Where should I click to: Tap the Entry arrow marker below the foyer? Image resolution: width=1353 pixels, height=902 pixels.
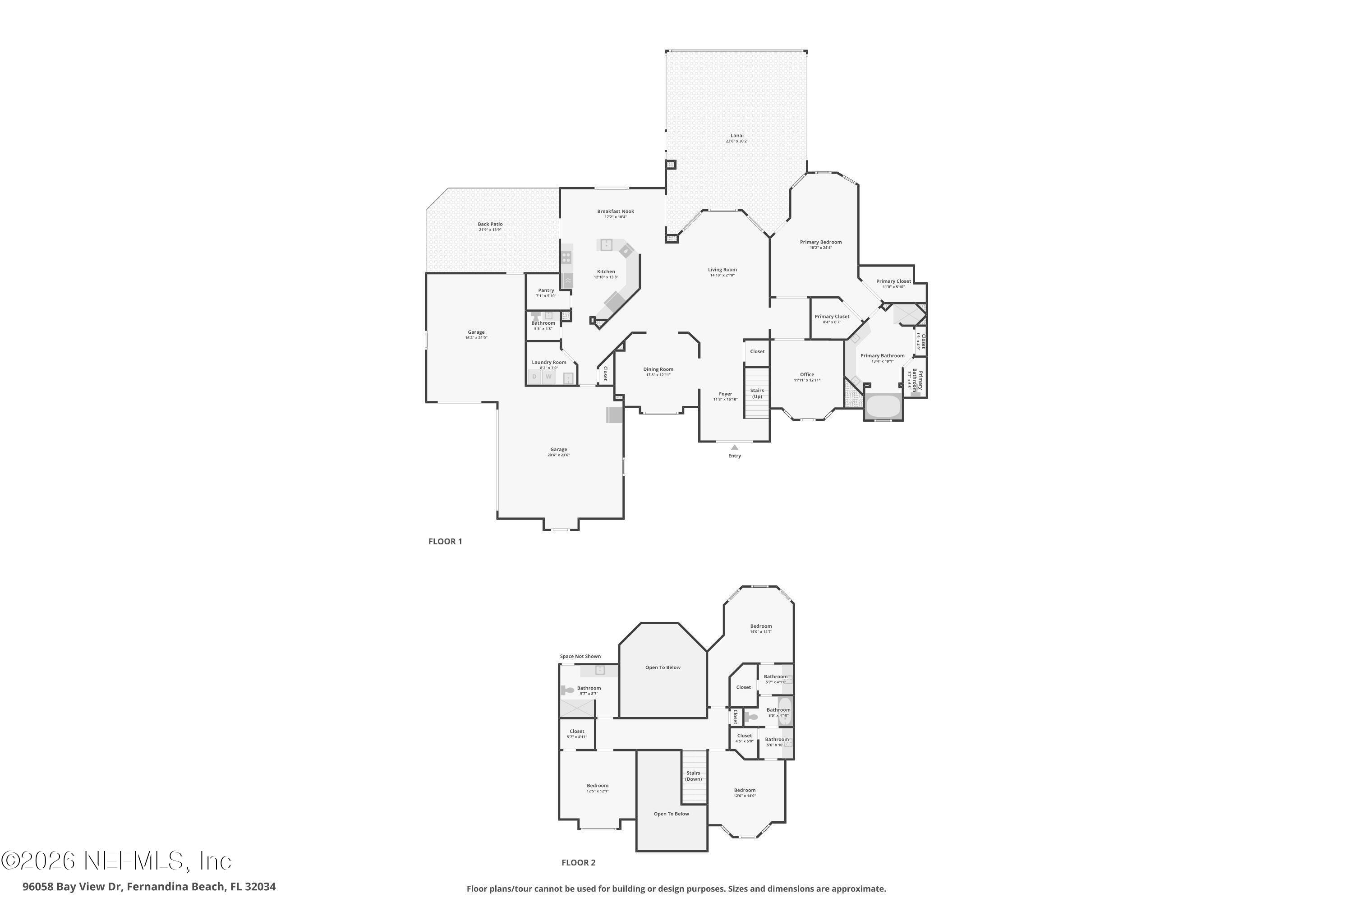tap(735, 447)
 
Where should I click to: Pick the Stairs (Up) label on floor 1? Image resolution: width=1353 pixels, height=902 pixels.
tap(757, 393)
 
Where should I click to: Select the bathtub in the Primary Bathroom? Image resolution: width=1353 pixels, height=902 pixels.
tap(883, 407)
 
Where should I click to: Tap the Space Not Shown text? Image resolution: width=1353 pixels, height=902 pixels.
tap(580, 656)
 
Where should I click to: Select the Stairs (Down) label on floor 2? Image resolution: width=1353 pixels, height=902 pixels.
tap(693, 775)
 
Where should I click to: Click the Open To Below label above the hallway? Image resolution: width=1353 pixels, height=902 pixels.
tap(663, 667)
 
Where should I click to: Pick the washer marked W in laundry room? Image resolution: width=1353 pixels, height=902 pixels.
tap(549, 377)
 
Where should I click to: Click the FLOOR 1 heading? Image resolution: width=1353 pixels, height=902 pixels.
tap(445, 541)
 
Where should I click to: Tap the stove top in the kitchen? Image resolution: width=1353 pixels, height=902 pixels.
tap(566, 257)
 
